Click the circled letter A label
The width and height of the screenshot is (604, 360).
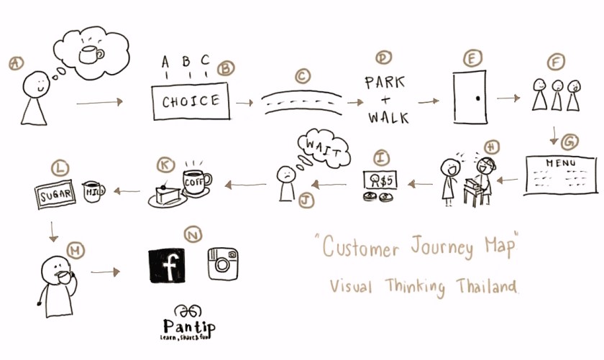click(x=16, y=63)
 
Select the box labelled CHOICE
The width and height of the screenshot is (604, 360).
click(x=191, y=101)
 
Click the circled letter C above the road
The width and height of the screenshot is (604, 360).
click(x=303, y=74)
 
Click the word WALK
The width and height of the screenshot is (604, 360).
click(x=388, y=116)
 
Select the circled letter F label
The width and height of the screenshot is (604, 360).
click(x=556, y=63)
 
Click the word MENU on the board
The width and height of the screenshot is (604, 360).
click(x=561, y=164)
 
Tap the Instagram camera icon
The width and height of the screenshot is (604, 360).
click(x=222, y=264)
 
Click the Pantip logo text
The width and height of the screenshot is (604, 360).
click(x=189, y=326)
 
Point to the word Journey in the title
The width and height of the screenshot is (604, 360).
click(x=429, y=249)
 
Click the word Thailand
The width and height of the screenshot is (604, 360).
click(x=486, y=287)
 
